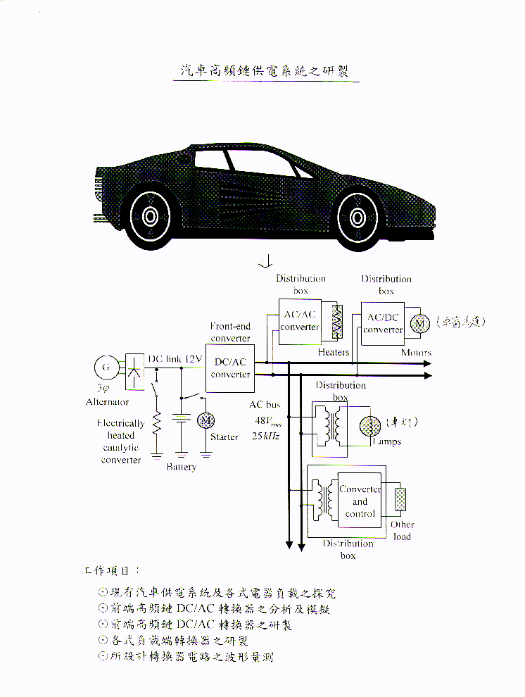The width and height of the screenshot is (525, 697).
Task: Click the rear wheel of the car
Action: (150, 215)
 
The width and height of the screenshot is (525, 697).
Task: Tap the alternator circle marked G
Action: (106, 368)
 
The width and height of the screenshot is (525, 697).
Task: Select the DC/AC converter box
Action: (231, 368)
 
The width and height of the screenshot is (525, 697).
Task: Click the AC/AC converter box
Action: (300, 321)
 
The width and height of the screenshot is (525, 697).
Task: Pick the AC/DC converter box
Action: (383, 323)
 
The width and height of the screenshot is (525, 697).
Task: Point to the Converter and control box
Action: (360, 501)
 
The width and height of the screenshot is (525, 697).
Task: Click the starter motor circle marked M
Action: (206, 420)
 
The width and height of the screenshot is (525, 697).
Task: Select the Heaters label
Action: (333, 352)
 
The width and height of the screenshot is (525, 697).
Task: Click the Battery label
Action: (182, 467)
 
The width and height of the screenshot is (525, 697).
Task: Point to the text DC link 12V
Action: (175, 359)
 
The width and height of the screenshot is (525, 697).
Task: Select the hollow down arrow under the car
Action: (265, 262)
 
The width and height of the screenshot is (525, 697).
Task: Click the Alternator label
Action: (107, 402)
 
